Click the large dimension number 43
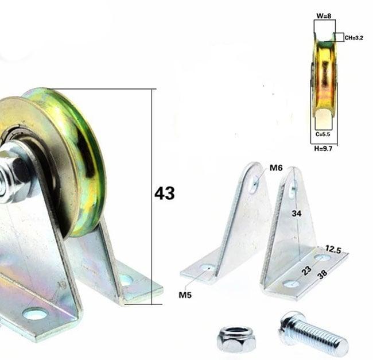[x=164, y=193]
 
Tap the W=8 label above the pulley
[x=324, y=16]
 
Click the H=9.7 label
[x=324, y=148]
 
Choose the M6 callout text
[x=277, y=168]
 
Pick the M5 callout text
[x=185, y=295]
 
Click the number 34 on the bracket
[x=295, y=214]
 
